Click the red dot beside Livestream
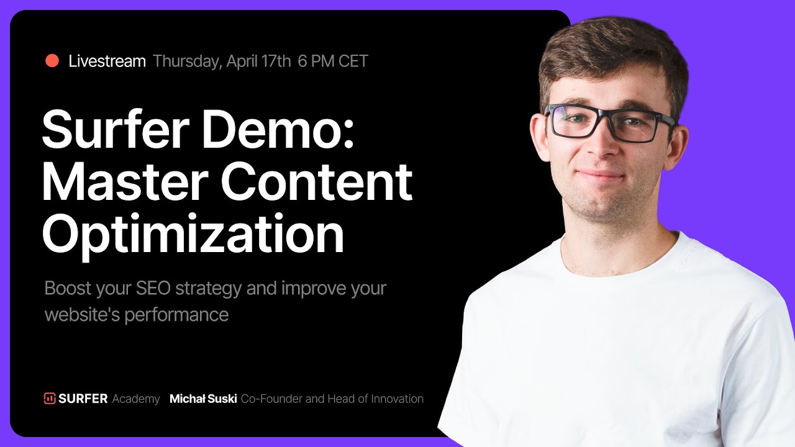coord(52,61)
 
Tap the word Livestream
coord(107,61)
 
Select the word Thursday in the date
coord(186,61)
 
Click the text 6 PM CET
coord(333,61)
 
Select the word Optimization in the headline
coord(193,235)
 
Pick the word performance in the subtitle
coord(176,315)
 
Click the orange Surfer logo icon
coord(50,399)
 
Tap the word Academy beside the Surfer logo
coord(136,399)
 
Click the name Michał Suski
coord(203,399)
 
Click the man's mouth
coord(601,176)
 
